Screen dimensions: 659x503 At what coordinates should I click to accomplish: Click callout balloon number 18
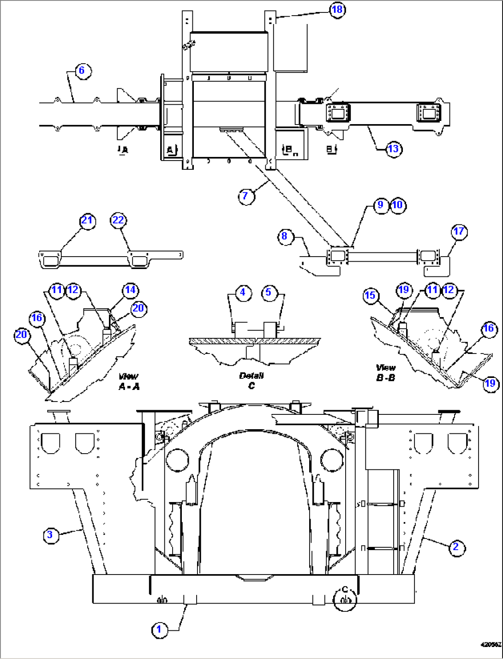337,10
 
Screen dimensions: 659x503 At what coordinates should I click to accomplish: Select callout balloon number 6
83,71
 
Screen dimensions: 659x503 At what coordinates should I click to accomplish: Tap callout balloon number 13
393,149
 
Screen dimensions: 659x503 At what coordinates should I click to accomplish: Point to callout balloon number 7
245,196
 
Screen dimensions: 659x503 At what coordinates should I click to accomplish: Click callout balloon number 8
285,236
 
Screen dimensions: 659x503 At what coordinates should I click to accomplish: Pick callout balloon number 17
459,232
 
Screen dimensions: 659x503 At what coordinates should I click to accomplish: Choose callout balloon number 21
87,221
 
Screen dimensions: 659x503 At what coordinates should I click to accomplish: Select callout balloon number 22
119,220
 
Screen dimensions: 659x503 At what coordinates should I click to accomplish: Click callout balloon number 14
131,290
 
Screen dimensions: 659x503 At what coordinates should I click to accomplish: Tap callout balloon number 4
243,292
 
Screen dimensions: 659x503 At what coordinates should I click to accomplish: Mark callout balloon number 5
269,292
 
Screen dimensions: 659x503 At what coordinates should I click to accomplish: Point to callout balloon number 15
371,295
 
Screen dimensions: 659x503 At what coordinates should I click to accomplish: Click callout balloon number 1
159,629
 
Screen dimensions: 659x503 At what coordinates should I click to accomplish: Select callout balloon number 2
456,547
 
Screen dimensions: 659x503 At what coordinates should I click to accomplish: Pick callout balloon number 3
50,535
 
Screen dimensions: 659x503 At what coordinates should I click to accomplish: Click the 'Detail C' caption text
251,381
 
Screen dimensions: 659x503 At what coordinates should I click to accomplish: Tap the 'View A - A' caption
129,382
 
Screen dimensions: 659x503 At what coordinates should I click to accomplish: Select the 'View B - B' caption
385,372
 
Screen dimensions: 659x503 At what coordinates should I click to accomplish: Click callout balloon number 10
398,205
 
